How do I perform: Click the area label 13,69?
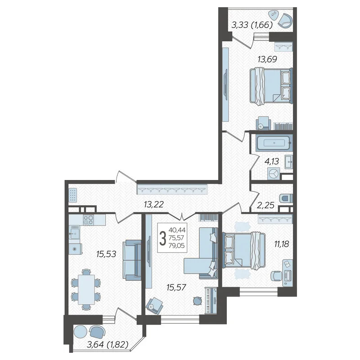pos(267,59)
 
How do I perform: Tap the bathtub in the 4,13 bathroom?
pos(274,143)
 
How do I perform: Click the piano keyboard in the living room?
pos(211,301)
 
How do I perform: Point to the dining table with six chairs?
pos(86,289)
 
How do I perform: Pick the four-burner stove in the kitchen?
pos(88,220)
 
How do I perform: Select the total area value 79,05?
pos(176,246)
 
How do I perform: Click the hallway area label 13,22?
pos(153,204)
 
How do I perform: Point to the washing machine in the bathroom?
pos(274,174)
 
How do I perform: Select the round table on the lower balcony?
pos(81,332)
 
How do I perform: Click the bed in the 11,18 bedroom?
pos(244,250)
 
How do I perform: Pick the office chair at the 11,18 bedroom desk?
pos(276,276)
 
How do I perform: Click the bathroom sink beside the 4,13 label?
pos(289,162)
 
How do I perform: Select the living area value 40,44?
pos(177,230)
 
